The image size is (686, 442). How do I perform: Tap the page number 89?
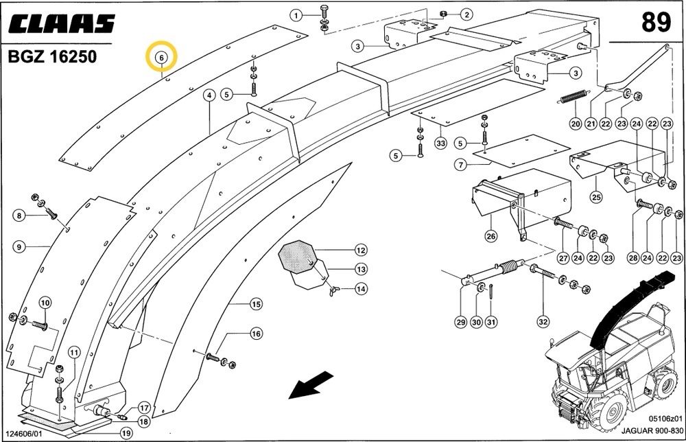656,23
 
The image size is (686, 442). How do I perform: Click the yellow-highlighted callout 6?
162,57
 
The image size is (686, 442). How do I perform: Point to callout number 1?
296,15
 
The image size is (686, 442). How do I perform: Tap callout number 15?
255,303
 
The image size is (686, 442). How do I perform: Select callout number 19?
126,433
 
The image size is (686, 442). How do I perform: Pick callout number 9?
19,246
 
